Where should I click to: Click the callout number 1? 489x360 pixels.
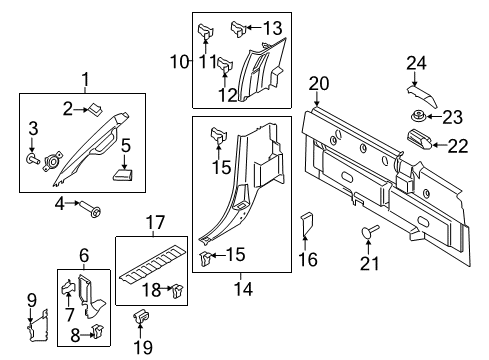point(85,79)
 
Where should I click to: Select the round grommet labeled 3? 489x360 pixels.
point(33,157)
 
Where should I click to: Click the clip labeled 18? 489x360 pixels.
point(177,292)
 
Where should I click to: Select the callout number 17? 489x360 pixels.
point(155,223)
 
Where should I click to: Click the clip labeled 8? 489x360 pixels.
point(97,329)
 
